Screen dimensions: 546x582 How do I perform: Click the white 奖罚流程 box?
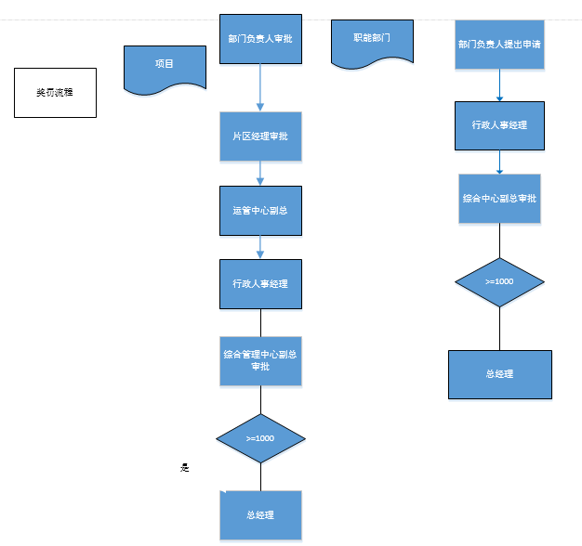tap(55, 93)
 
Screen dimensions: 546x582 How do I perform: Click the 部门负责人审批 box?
tap(260, 40)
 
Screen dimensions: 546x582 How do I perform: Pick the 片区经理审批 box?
tap(260, 136)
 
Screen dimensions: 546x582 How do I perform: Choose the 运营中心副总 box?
tap(260, 211)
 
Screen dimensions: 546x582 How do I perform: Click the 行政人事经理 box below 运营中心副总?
tap(260, 283)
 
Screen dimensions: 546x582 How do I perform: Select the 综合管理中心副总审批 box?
tap(260, 359)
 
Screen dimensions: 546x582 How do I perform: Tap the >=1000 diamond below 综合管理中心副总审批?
tap(260, 437)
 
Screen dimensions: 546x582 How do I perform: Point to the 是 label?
tap(184, 468)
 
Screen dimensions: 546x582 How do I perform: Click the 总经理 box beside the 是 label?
tap(260, 515)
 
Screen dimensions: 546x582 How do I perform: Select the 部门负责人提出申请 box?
tap(499, 44)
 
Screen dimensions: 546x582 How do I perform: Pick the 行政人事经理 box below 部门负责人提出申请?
tap(499, 124)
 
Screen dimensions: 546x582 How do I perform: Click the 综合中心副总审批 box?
tap(499, 199)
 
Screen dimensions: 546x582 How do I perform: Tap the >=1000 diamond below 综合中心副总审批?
tap(499, 281)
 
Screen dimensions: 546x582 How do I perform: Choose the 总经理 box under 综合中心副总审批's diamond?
tap(499, 374)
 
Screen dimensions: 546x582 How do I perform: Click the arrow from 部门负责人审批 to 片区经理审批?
tap(260, 88)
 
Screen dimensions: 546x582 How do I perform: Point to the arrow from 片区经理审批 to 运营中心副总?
tap(260, 174)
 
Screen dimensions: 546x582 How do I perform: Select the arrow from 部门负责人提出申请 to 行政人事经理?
tap(500, 85)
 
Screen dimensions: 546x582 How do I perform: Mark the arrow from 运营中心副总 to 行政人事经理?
tap(260, 246)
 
